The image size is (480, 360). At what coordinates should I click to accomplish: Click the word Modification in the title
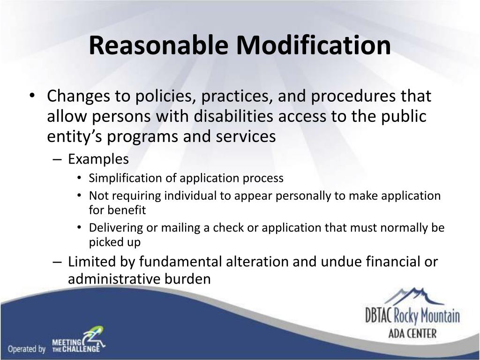click(x=313, y=46)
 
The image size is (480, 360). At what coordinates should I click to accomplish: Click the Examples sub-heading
click(x=98, y=159)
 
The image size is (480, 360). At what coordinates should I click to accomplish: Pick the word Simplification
click(x=123, y=178)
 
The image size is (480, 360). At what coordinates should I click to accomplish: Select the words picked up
click(x=114, y=242)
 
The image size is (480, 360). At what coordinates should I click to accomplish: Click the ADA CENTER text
click(x=412, y=334)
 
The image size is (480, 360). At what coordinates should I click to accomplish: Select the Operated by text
click(x=26, y=349)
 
